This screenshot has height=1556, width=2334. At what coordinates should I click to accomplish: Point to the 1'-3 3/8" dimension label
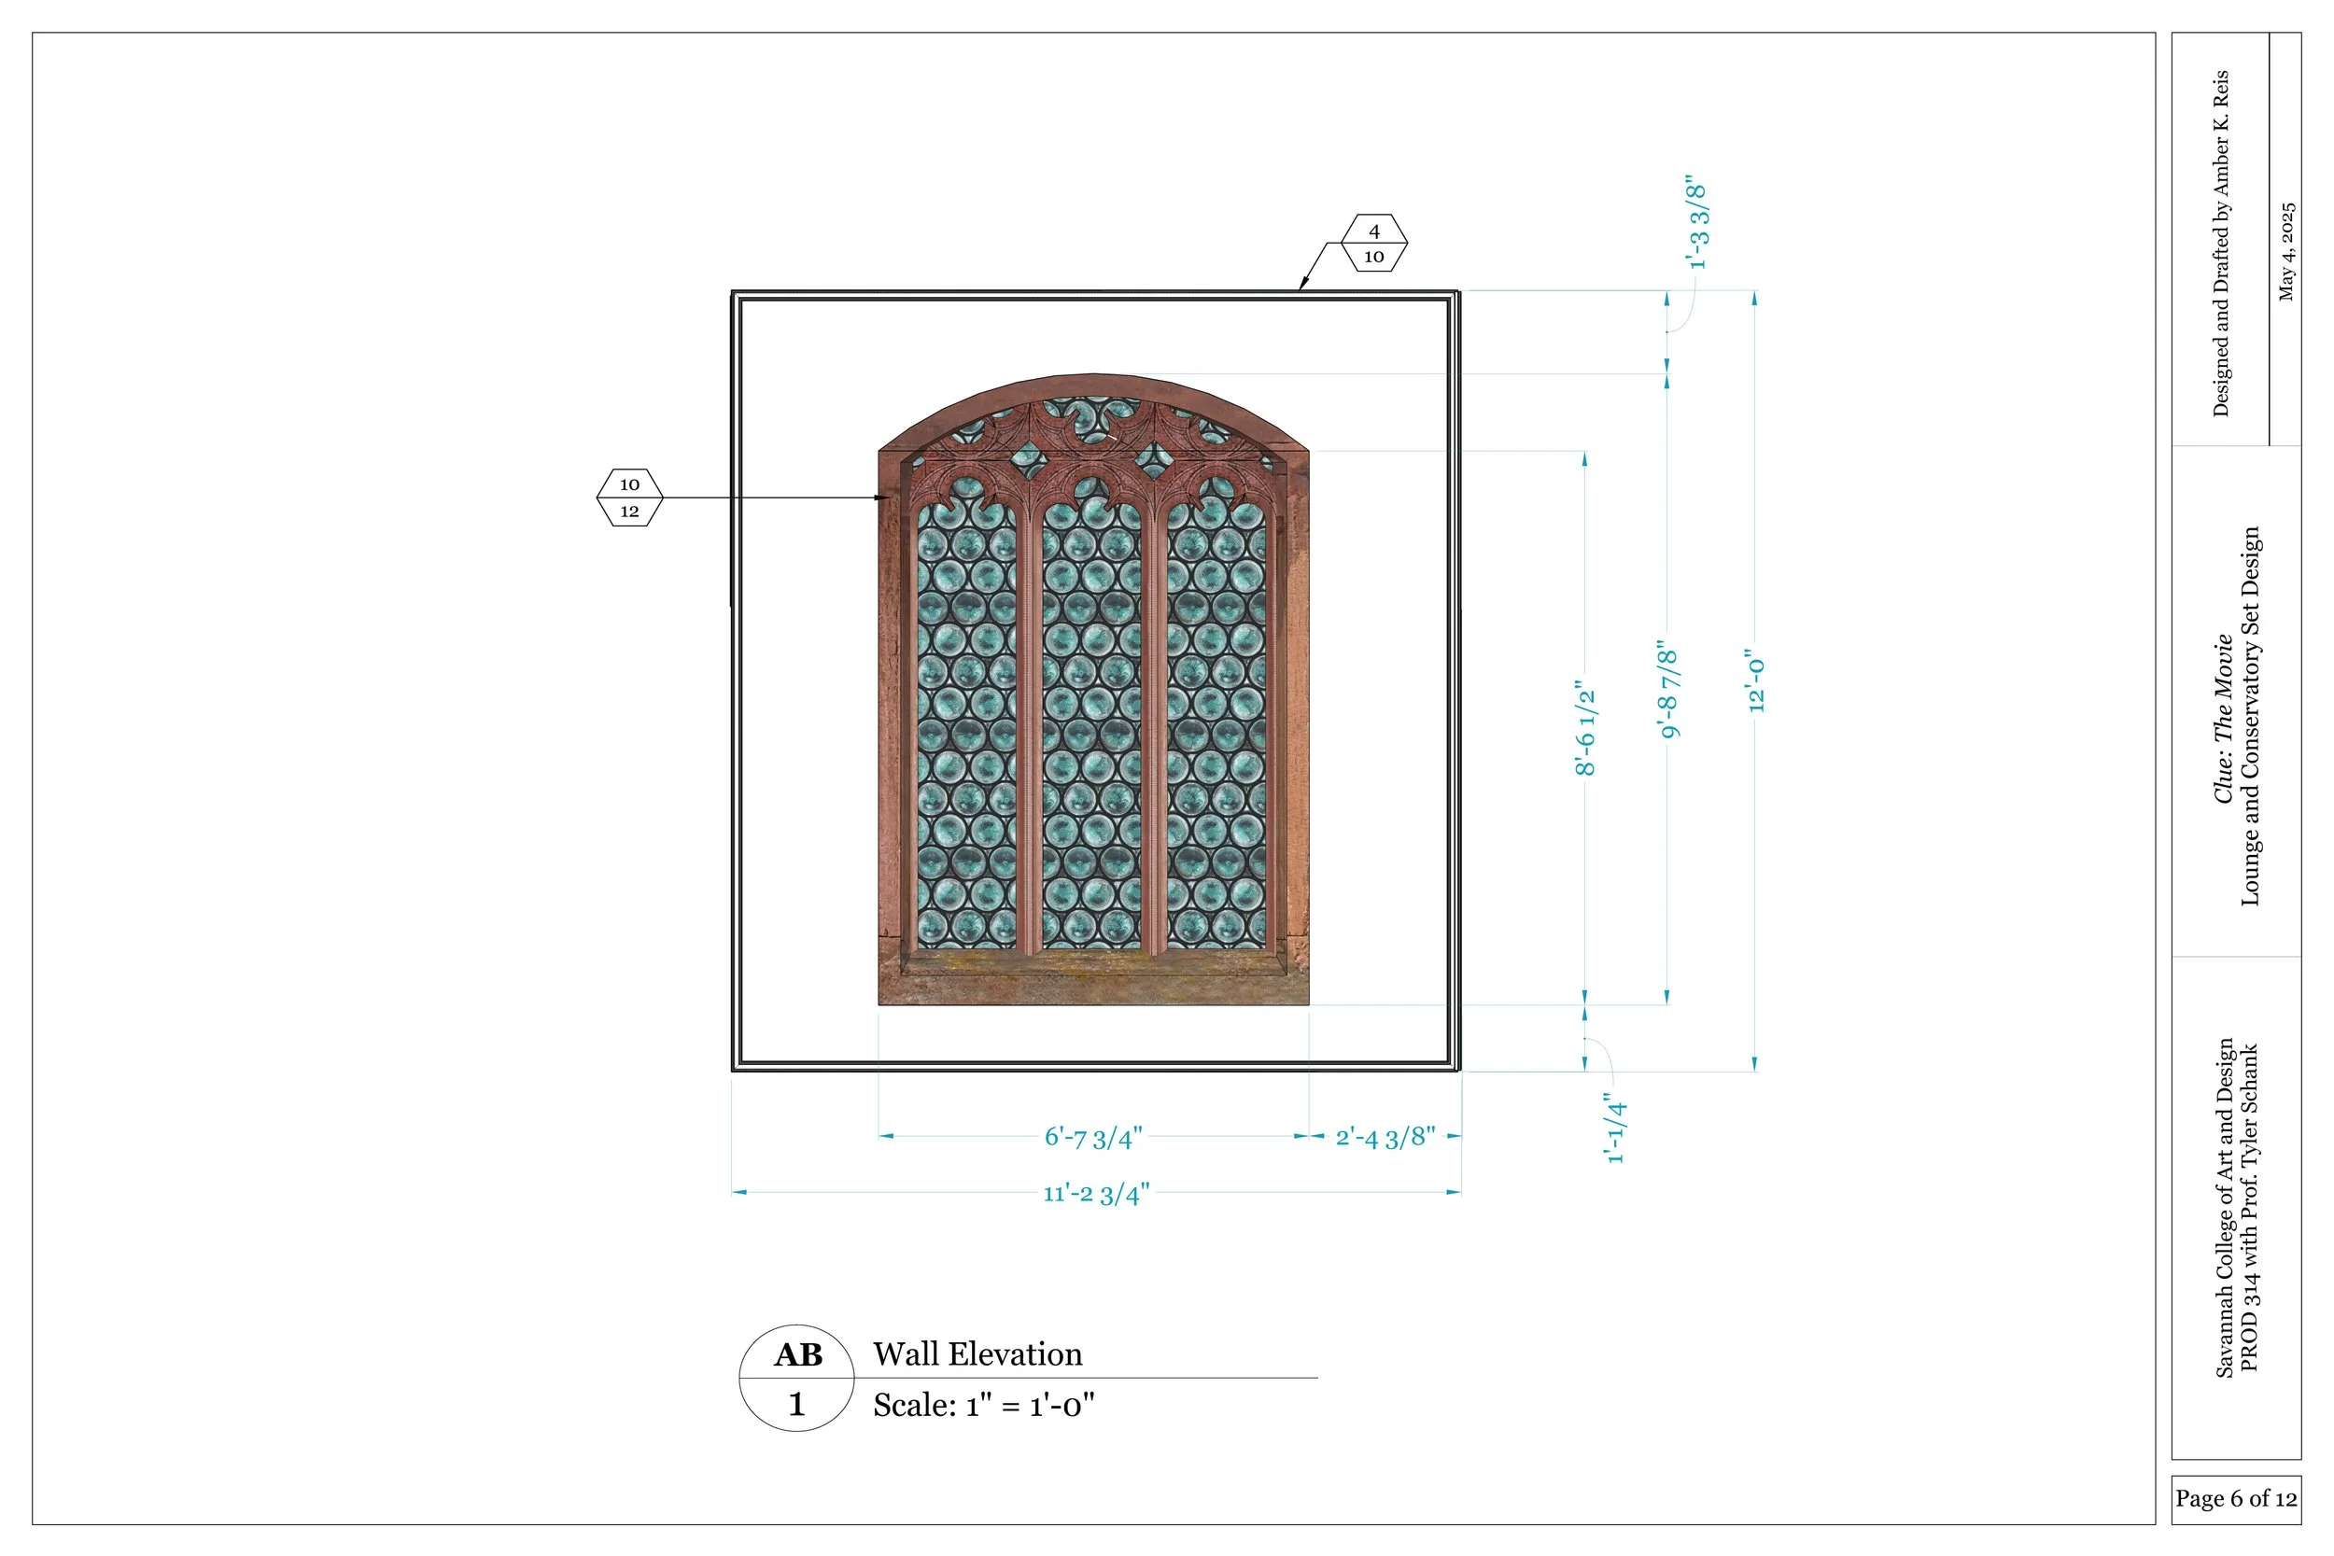(1697, 225)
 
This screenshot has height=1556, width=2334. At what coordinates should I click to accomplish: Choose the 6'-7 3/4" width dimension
(1092, 1137)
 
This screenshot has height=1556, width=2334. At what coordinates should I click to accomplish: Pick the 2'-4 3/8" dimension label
(1385, 1137)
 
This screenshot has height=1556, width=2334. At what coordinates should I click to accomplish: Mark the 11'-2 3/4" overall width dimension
(1095, 1193)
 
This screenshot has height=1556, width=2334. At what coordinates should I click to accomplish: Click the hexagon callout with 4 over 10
(1373, 243)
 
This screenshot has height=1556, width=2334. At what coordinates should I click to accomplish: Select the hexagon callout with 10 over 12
(629, 498)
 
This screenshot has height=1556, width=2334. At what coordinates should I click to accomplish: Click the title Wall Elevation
(977, 1354)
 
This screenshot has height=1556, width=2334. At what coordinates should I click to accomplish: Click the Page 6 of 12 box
(2235, 1498)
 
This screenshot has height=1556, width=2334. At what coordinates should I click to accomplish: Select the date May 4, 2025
(2285, 252)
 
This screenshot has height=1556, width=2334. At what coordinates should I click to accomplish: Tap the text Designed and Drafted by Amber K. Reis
(2220, 243)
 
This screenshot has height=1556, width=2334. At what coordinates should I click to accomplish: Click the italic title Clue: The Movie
(2223, 719)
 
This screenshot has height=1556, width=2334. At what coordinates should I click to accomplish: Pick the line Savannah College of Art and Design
(2224, 1208)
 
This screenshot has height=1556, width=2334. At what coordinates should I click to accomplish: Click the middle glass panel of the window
(1091, 724)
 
